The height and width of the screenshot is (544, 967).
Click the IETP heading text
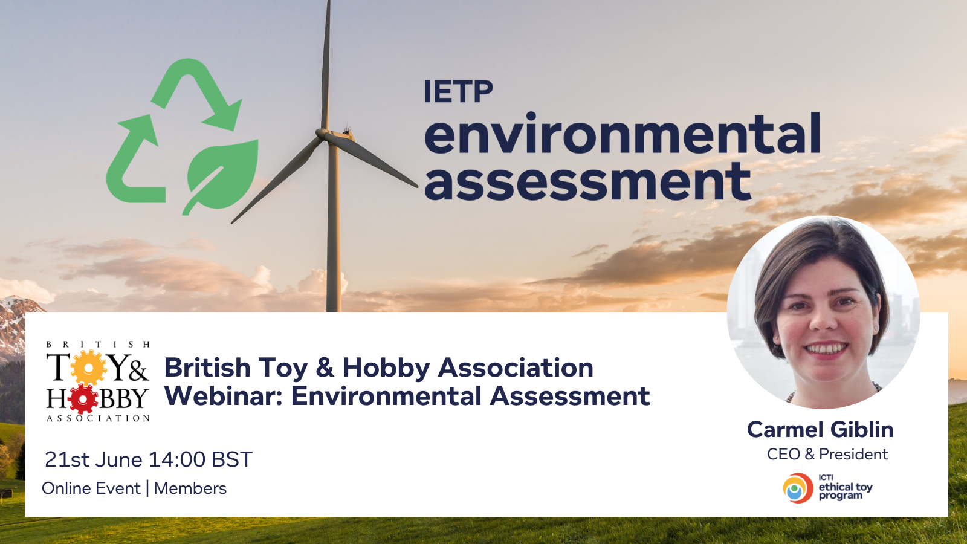tap(458, 91)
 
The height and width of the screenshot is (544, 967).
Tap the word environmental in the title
tap(622, 133)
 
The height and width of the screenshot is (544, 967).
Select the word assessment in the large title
tap(587, 181)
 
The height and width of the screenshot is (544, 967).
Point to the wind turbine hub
tap(323, 133)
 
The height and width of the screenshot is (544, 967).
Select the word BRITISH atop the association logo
tap(98, 345)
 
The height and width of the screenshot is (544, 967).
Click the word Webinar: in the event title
tap(224, 396)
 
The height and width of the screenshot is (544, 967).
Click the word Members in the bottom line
tap(190, 488)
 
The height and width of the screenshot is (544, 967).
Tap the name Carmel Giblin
tap(820, 430)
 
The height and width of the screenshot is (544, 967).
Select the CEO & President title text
tap(827, 454)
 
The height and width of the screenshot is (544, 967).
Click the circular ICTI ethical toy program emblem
tap(798, 488)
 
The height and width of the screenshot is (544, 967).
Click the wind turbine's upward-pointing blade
tap(326, 65)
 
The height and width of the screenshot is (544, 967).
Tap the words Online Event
tap(91, 488)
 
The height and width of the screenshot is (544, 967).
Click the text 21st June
tap(94, 459)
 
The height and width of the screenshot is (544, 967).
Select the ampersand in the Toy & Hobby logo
tap(138, 372)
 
